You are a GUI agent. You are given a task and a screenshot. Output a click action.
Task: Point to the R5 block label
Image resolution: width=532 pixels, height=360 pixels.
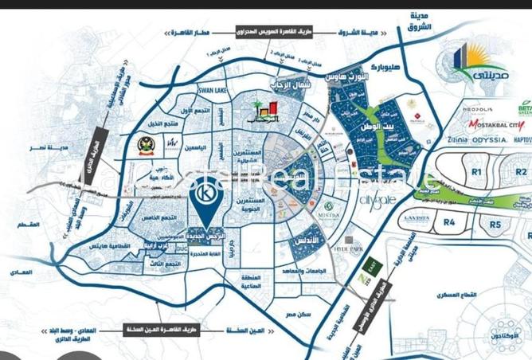pyautogui.click(x=495, y=225)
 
